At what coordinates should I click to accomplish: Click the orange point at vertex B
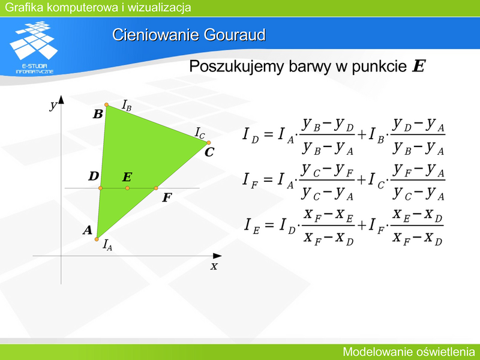coord(107,104)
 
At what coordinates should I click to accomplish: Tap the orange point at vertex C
coord(208,143)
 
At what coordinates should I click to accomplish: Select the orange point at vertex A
coord(97,239)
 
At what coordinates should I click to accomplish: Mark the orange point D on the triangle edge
coord(100,188)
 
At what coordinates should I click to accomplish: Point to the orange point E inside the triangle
coord(127,188)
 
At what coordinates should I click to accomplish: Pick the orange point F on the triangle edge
coord(156,188)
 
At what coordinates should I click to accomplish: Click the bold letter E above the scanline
coord(127,177)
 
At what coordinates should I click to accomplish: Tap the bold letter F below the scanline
coord(167,198)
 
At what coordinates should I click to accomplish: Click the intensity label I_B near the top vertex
coord(127,106)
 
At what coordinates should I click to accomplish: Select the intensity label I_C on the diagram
coord(200,133)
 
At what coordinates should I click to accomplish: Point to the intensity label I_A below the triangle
coord(107,245)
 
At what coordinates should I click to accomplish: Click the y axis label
coord(53,106)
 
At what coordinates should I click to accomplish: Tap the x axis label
coord(214,266)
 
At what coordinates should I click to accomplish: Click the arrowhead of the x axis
coord(217,256)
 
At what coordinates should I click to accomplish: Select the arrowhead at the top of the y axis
coord(61,100)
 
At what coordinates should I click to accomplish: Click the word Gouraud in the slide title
coord(235,35)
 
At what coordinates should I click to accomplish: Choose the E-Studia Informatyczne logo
coord(34,47)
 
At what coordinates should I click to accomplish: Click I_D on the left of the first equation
coord(251,135)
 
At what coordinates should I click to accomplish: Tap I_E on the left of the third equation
coord(252,226)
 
